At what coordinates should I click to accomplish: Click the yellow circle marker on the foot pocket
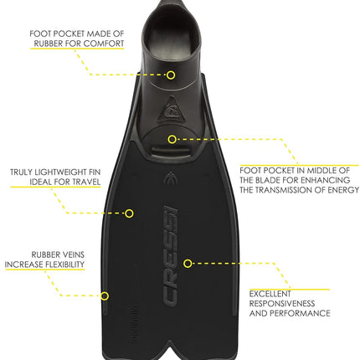click(171, 75)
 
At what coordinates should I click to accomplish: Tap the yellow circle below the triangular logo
click(172, 139)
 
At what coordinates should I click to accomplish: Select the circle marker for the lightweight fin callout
click(129, 213)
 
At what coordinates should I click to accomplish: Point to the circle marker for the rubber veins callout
click(105, 296)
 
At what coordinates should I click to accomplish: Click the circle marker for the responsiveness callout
click(188, 263)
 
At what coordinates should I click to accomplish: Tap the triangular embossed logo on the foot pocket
click(171, 110)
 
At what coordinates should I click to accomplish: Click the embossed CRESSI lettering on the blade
click(171, 256)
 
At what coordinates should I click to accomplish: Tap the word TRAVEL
click(86, 182)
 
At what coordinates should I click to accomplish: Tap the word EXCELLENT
click(270, 294)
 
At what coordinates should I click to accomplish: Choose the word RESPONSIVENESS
click(282, 303)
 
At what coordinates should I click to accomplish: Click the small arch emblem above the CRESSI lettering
click(170, 178)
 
